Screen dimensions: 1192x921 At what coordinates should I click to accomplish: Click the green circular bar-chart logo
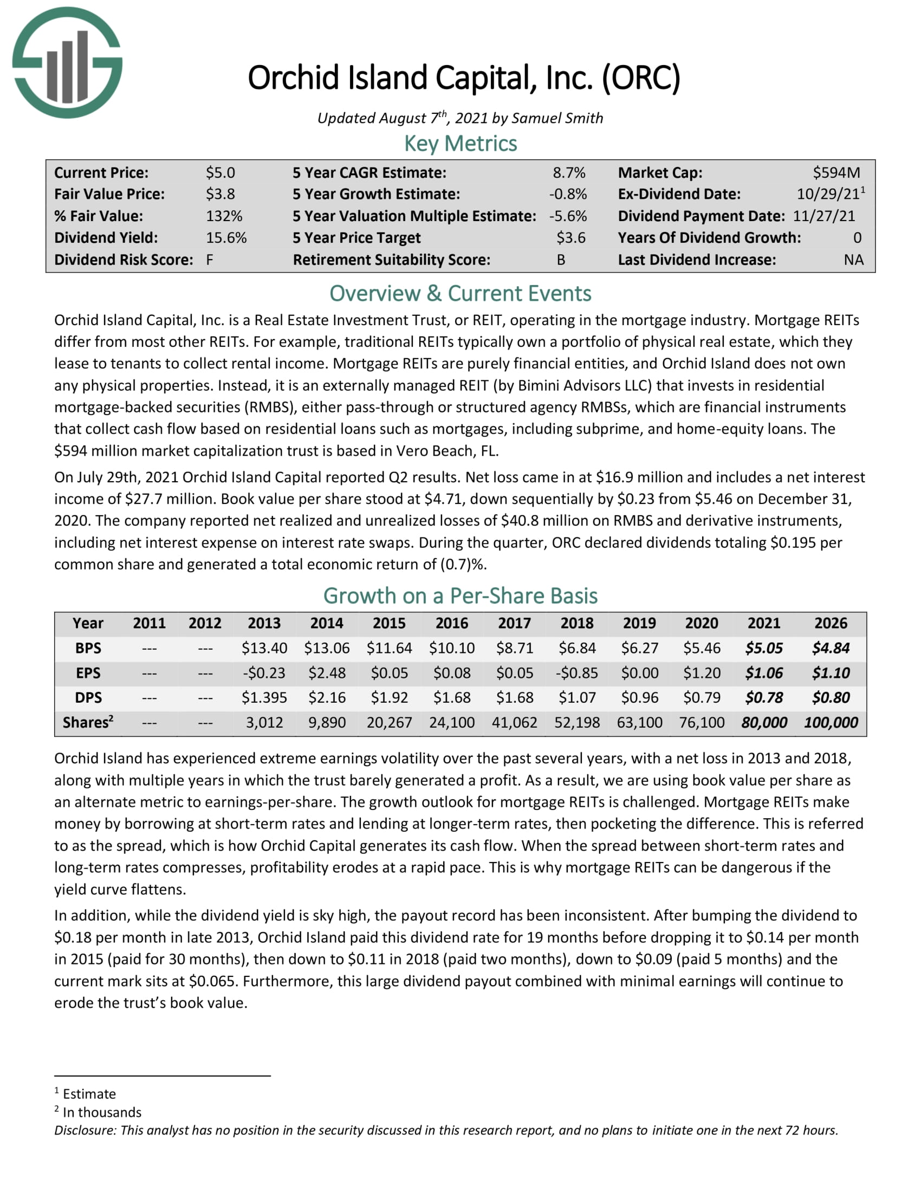click(x=67, y=63)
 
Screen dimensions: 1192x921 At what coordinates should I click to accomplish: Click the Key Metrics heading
click(x=460, y=144)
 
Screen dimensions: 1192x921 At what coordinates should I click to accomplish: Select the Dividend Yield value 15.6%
click(x=226, y=238)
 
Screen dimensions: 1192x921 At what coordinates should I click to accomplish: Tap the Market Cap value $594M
click(x=836, y=173)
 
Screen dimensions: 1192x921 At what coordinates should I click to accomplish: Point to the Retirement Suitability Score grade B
click(x=561, y=260)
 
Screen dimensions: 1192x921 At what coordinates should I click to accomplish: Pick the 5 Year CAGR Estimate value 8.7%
click(x=568, y=173)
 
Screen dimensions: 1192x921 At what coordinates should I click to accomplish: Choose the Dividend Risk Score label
click(x=124, y=260)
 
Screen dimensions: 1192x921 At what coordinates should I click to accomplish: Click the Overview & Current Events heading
click(x=460, y=294)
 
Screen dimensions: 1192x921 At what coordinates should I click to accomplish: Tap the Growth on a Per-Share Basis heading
click(x=460, y=596)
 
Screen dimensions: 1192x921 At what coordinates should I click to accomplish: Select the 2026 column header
click(x=831, y=623)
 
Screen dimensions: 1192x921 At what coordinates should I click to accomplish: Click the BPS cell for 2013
click(x=264, y=649)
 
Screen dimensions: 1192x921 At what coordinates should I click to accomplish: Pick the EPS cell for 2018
click(x=577, y=673)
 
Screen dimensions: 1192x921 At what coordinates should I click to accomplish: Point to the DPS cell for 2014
click(x=326, y=697)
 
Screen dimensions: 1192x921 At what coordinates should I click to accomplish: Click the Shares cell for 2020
click(x=701, y=723)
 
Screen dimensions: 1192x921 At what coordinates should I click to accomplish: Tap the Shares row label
click(x=88, y=723)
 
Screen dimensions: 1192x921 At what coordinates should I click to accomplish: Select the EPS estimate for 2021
click(x=763, y=673)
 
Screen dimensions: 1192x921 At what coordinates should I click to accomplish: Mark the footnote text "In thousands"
click(x=102, y=1112)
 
